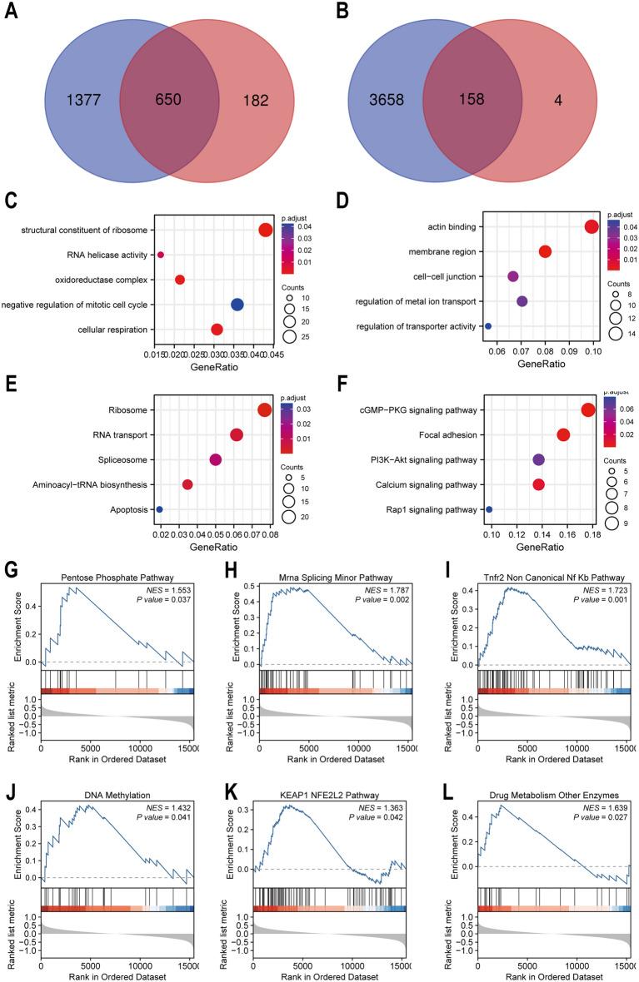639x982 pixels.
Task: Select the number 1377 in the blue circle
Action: coord(82,100)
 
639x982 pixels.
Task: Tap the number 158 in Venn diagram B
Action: coord(472,100)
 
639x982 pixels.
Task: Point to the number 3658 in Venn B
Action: coord(382,100)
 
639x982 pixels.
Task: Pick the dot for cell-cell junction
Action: coord(513,276)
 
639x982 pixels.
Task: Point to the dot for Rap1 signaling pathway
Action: coord(489,509)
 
